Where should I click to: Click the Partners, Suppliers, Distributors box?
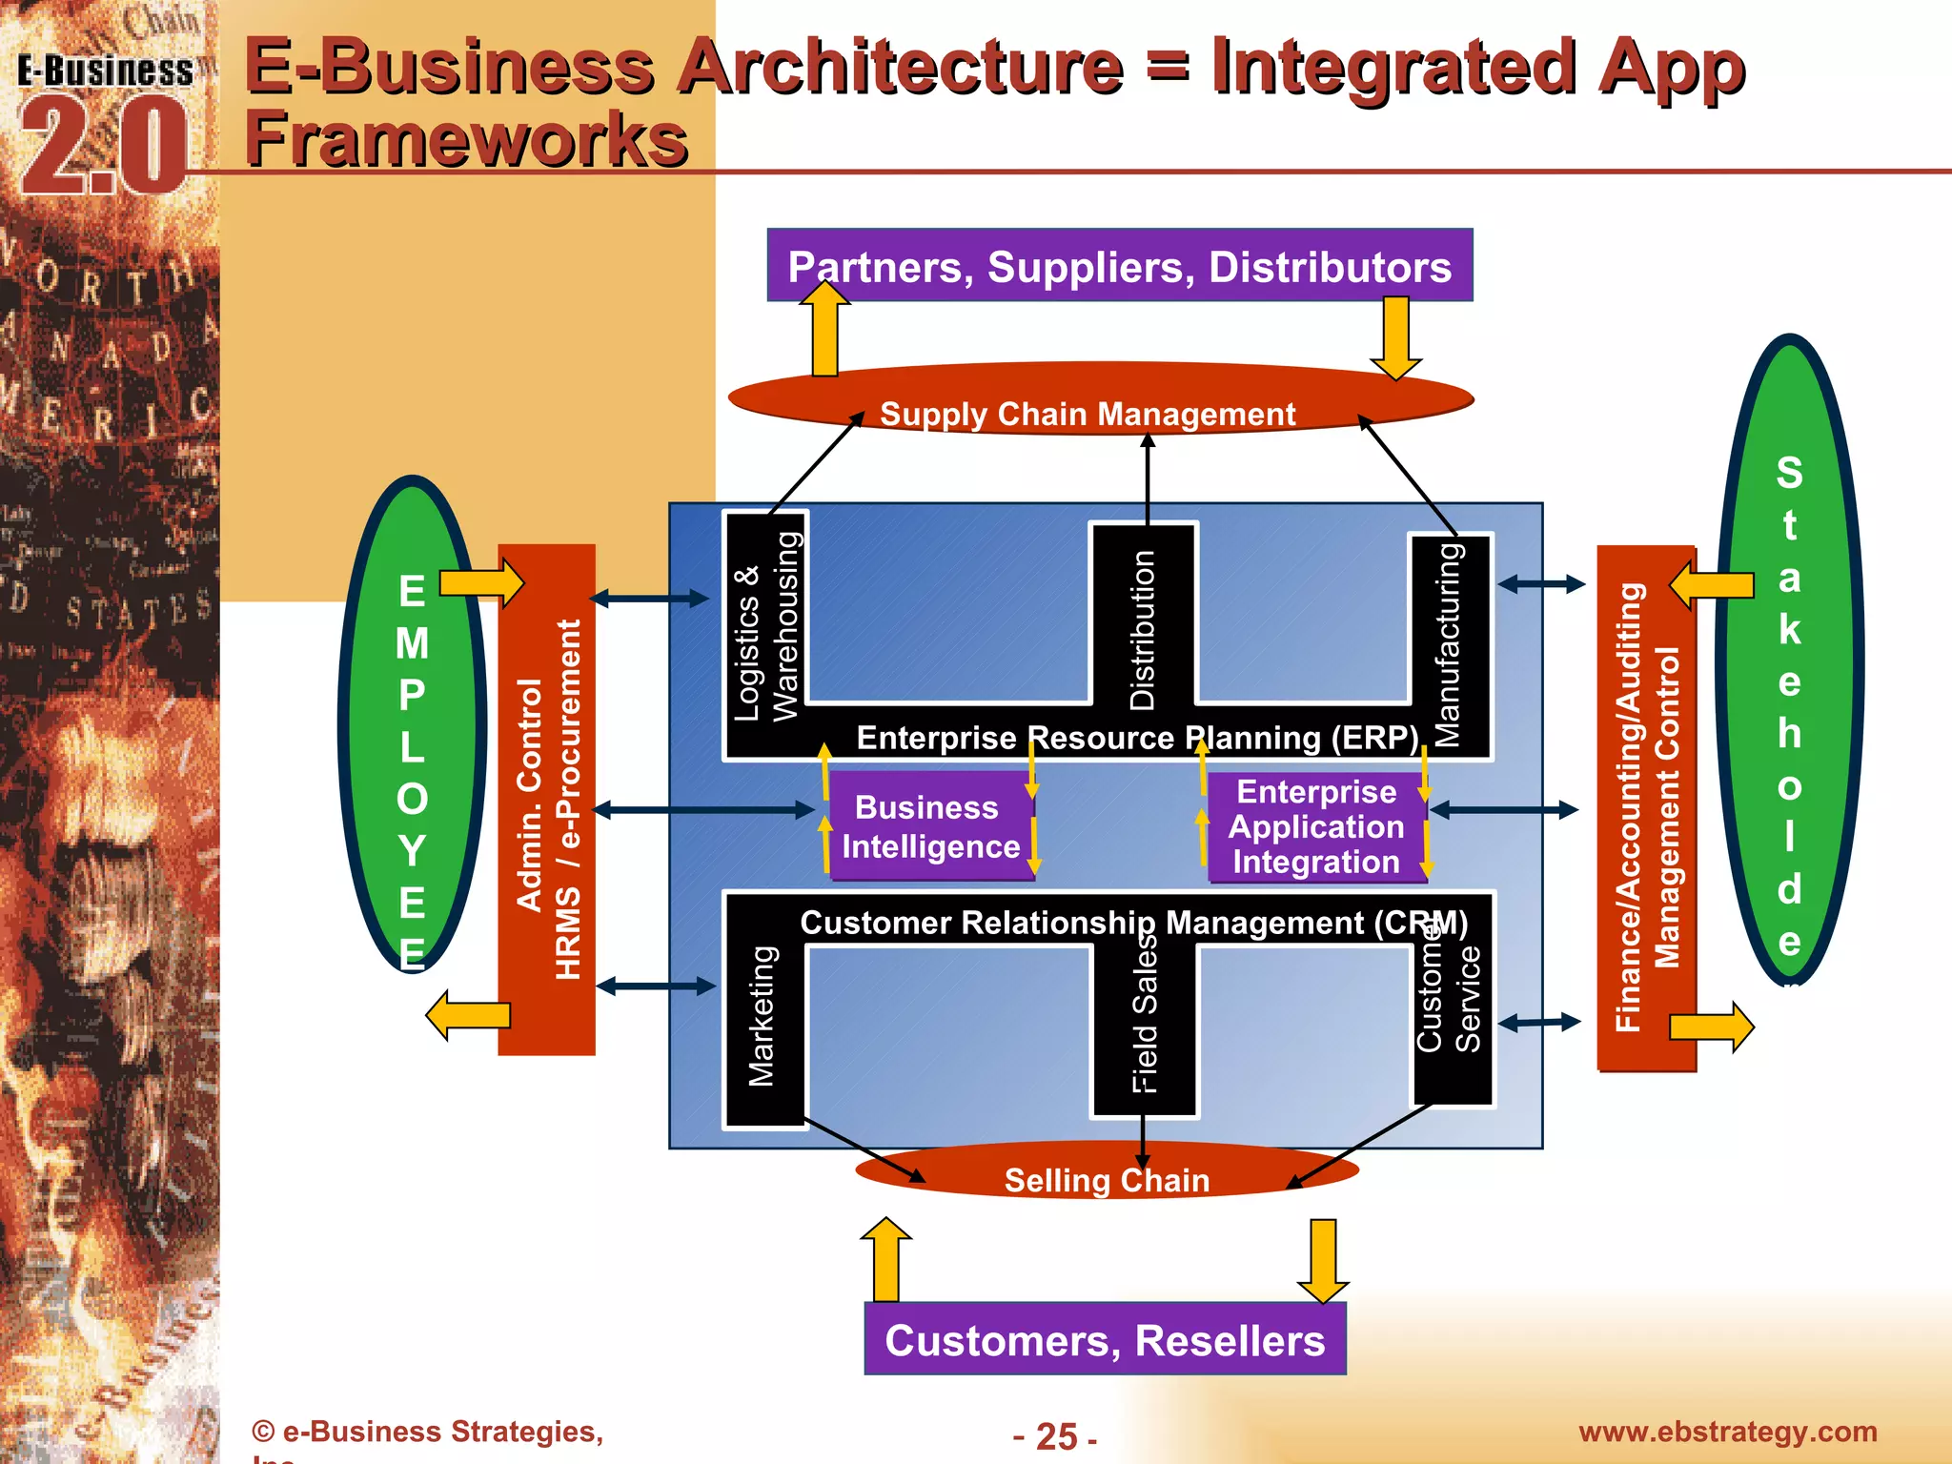(1119, 266)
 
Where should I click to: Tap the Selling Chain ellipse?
(1106, 1174)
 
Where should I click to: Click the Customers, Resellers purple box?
(1104, 1339)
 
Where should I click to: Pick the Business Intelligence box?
(930, 826)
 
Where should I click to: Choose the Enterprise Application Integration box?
(1315, 826)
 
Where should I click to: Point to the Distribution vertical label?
(1142, 629)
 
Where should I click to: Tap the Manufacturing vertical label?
(1447, 644)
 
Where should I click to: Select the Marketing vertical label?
(762, 1016)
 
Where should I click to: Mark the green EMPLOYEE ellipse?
(412, 724)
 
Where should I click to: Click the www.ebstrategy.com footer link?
(1727, 1432)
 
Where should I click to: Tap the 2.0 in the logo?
(103, 148)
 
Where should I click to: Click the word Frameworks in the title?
(466, 139)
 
